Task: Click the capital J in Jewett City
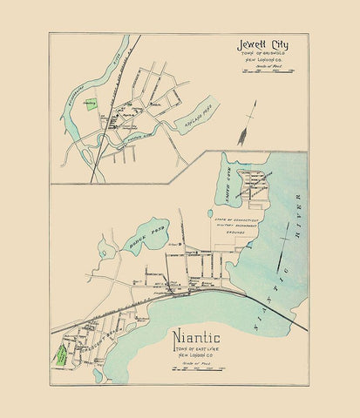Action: (x=241, y=45)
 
